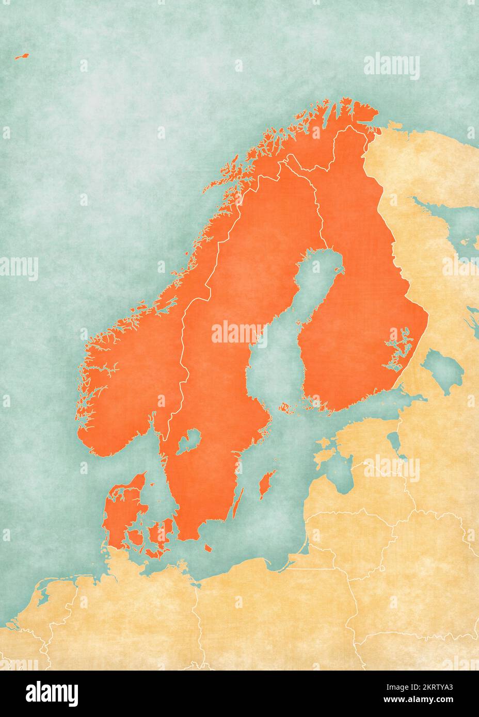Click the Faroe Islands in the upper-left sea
[22, 57]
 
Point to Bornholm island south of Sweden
[207, 547]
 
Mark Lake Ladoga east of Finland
[442, 367]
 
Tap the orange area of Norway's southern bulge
[129, 392]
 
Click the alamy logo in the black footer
[52, 693]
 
